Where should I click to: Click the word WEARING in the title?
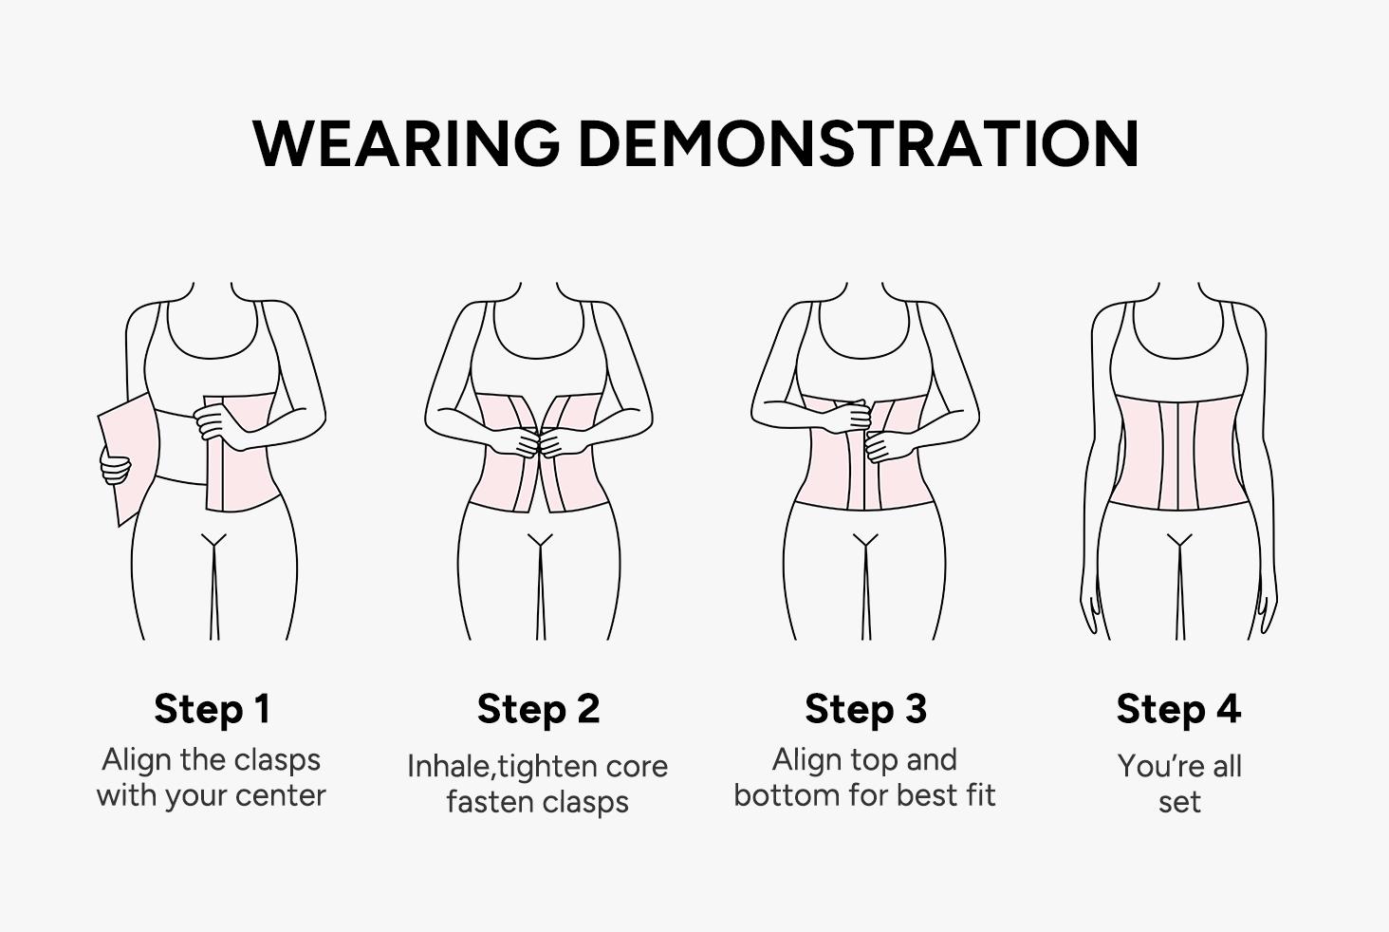[x=406, y=144]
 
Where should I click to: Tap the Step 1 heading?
[x=212, y=709]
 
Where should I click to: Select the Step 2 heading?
[x=538, y=709]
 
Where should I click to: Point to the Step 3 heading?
[x=865, y=709]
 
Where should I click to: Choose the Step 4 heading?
[x=1178, y=709]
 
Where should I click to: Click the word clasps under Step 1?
[x=277, y=760]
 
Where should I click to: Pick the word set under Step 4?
[x=1179, y=802]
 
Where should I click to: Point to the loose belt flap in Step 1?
[x=127, y=456]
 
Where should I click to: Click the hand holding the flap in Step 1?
[x=116, y=468]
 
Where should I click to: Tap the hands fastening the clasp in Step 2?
[x=539, y=442]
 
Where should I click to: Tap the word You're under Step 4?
[x=1149, y=767]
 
